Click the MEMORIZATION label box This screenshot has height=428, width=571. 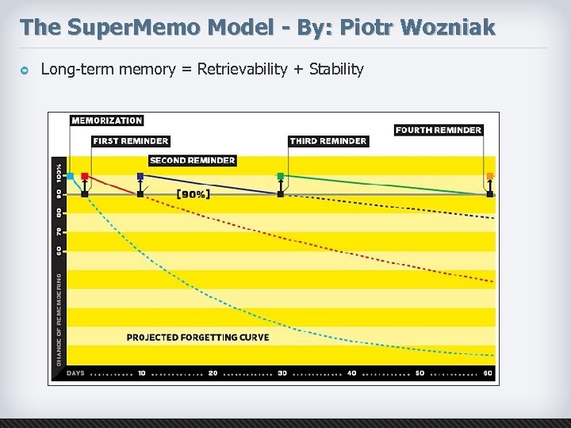pyautogui.click(x=107, y=120)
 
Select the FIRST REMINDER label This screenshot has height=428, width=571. pyautogui.click(x=130, y=141)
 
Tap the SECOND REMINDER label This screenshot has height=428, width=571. pyautogui.click(x=192, y=160)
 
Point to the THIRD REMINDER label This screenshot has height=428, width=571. pyautogui.click(x=328, y=141)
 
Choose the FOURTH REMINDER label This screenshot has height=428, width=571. pyautogui.click(x=438, y=130)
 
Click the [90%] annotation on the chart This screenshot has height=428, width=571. pyautogui.click(x=193, y=193)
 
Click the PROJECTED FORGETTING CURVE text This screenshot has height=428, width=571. pyautogui.click(x=197, y=337)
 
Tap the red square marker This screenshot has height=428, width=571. pyautogui.click(x=85, y=177)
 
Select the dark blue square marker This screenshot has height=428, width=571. pyautogui.click(x=140, y=176)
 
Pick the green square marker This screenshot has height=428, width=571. pyautogui.click(x=280, y=176)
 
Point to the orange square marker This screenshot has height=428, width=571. pyautogui.click(x=489, y=176)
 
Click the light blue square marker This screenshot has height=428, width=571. pyautogui.click(x=70, y=176)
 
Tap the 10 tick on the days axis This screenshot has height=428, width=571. pyautogui.click(x=141, y=373)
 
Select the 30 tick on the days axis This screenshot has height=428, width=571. pyautogui.click(x=282, y=373)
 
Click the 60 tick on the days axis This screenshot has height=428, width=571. pyautogui.click(x=488, y=373)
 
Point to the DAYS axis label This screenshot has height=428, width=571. pyautogui.click(x=75, y=373)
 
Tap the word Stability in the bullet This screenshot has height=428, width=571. pyautogui.click(x=336, y=69)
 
